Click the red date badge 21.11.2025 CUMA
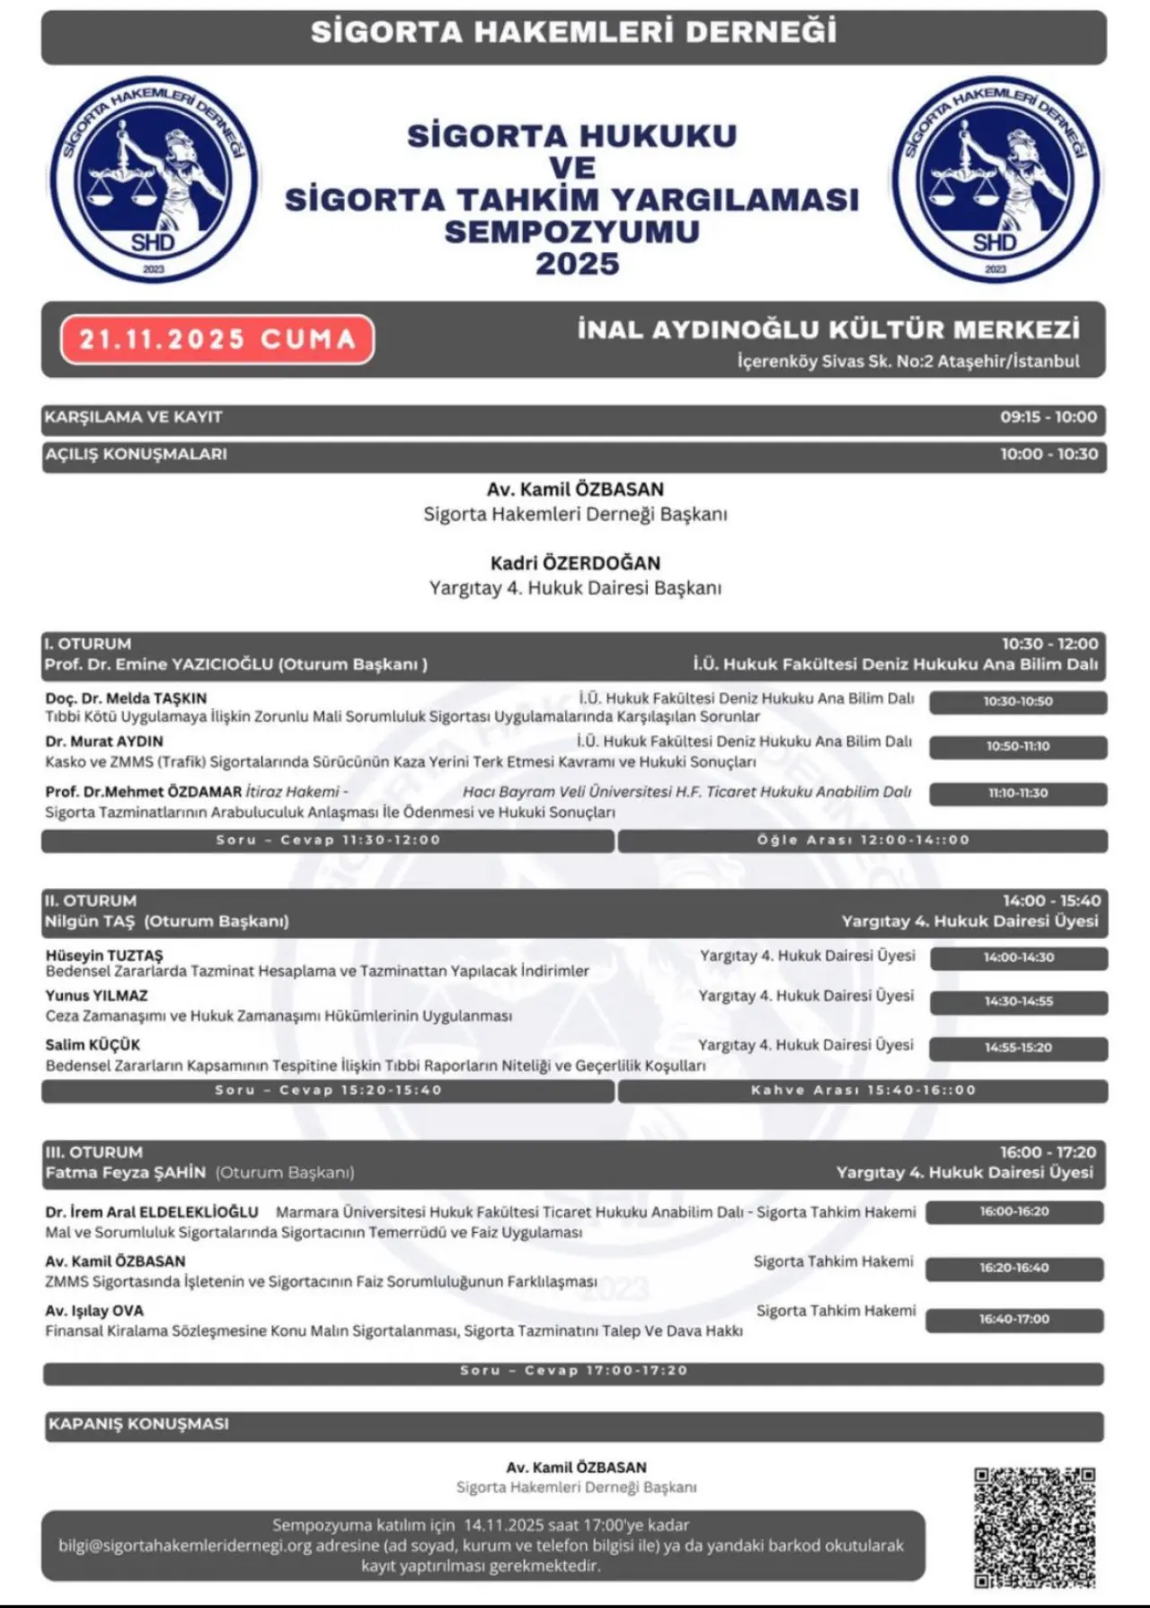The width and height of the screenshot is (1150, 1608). [217, 339]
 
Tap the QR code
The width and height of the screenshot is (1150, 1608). [1034, 1527]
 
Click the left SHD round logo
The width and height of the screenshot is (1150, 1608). [154, 180]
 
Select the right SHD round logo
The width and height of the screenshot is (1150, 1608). [995, 180]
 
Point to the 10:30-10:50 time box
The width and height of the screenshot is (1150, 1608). [1017, 702]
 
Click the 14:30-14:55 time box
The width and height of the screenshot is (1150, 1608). [1018, 1002]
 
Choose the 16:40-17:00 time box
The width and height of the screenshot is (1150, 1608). [1014, 1320]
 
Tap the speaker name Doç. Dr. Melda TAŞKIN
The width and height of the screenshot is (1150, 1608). [126, 699]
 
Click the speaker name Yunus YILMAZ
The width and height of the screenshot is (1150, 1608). [97, 996]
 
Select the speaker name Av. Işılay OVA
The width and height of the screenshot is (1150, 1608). [94, 1311]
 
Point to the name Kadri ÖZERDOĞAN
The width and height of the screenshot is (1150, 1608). [575, 564]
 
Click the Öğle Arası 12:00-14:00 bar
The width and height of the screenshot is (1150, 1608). [862, 840]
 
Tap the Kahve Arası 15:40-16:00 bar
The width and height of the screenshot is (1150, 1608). [862, 1091]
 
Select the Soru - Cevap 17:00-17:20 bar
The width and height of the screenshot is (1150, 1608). [573, 1371]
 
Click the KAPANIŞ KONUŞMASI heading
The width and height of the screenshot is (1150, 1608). [138, 1424]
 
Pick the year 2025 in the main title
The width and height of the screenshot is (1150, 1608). [577, 264]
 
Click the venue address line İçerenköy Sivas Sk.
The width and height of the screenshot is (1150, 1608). [908, 362]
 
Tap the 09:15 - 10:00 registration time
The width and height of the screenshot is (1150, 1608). [1048, 417]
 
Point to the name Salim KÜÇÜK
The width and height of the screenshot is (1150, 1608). [93, 1045]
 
